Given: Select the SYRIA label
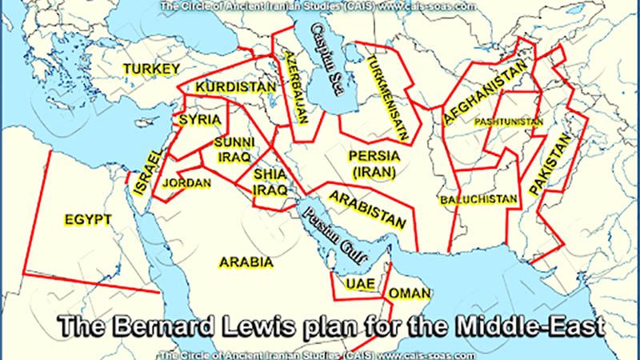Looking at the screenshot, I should [x=195, y=121].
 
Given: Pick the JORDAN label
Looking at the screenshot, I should [x=186, y=183].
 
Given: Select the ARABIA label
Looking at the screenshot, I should [x=247, y=262].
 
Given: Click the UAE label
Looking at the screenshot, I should [x=354, y=283].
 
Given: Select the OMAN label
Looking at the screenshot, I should [x=409, y=294].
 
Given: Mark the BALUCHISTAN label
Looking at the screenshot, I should [x=478, y=196].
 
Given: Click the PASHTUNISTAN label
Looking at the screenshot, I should [x=504, y=122].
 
